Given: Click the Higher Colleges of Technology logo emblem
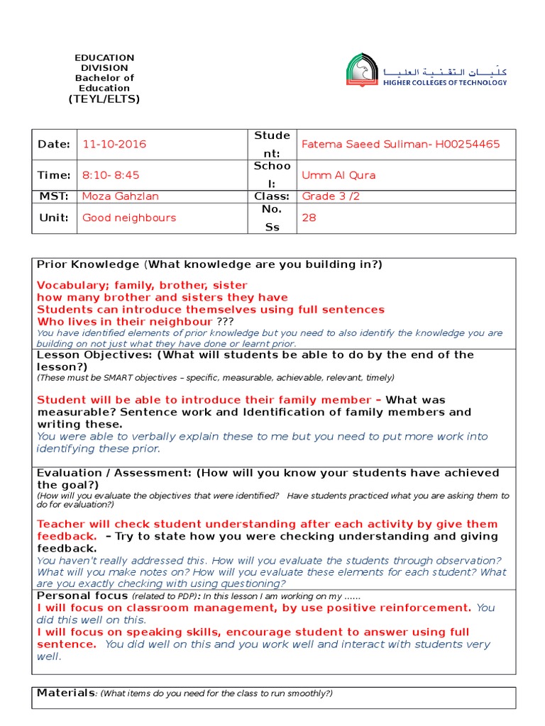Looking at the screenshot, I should point(362,71).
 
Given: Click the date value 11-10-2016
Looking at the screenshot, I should point(114,144).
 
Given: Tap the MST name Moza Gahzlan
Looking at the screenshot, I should point(121,196).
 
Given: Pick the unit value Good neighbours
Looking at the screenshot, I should point(129,218).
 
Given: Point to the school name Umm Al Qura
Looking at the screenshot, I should point(338,175).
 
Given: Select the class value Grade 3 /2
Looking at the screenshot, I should point(331,196).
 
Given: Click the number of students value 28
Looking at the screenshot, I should point(309,218).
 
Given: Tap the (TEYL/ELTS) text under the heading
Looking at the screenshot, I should point(104,99).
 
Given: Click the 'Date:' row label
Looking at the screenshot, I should point(54,144).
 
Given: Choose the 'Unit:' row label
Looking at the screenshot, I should point(54,218).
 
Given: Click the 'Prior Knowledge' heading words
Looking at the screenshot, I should point(88,264).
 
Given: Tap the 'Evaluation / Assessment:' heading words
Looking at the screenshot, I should point(114,473).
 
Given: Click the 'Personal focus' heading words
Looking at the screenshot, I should point(82,596).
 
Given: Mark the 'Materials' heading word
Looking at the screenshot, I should point(65,693).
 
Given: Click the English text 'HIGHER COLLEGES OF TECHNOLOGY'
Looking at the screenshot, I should point(445,83).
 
